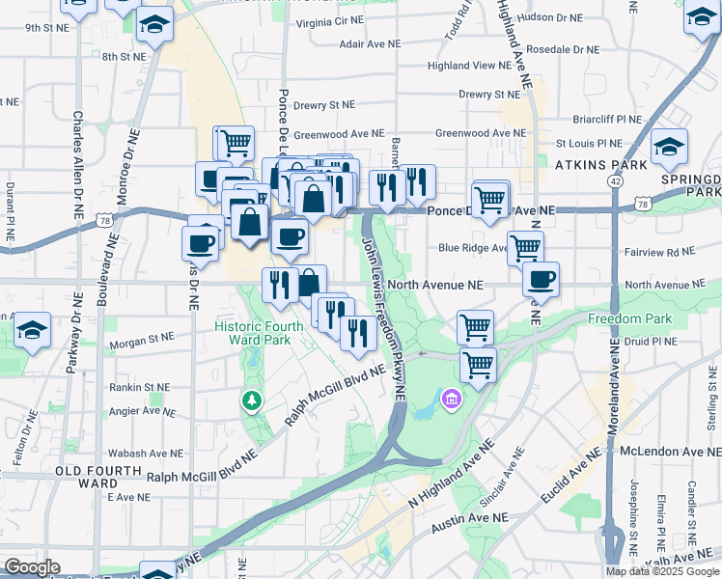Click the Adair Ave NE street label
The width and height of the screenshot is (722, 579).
[351, 44]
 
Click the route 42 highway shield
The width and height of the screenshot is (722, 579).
[615, 180]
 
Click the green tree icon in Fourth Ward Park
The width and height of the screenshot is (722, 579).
[252, 399]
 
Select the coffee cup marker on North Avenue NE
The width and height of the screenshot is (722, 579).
[541, 280]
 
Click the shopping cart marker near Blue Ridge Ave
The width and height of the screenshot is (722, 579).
[525, 248]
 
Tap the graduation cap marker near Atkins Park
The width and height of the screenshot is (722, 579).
[668, 148]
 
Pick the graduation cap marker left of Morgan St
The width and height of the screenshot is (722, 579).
[32, 331]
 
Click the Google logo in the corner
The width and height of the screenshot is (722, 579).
[32, 567]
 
